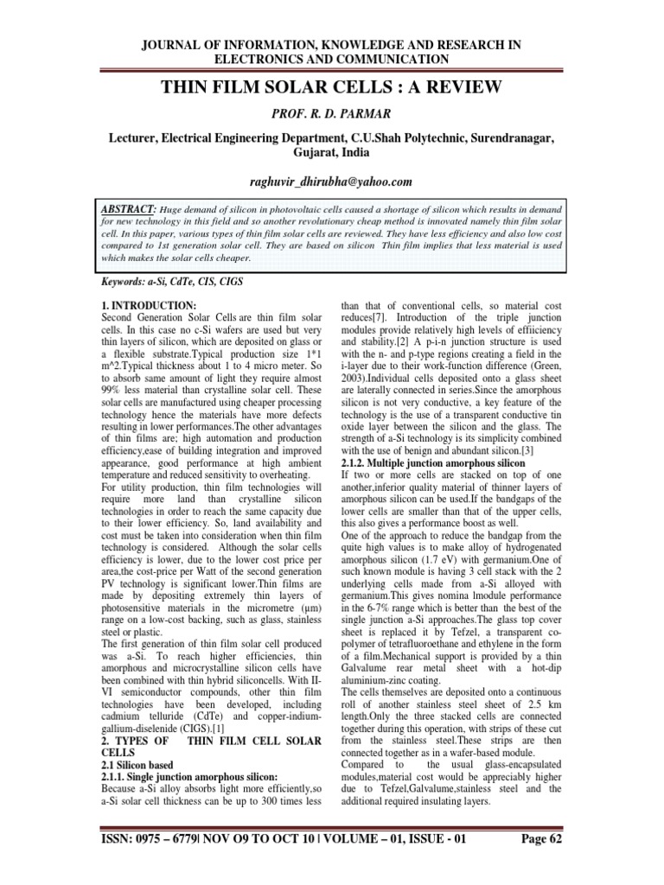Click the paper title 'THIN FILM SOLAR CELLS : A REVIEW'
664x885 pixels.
332,86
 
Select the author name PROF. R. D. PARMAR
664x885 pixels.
331,112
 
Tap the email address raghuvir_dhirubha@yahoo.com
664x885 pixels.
331,181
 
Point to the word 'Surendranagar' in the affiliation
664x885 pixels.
511,137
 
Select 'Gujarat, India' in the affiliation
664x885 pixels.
331,152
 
